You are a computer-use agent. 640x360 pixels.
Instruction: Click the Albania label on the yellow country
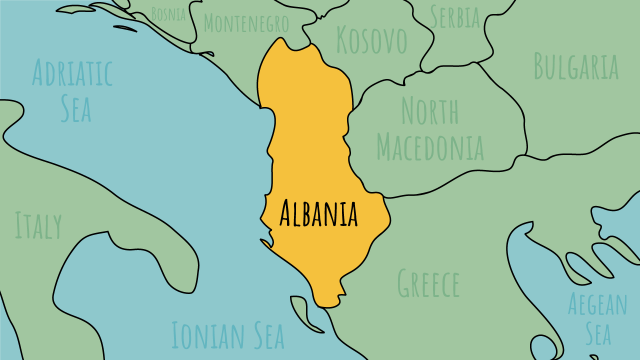(x=320, y=213)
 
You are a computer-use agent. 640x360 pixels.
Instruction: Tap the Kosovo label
(x=372, y=41)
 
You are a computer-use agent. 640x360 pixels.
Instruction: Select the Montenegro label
(x=246, y=22)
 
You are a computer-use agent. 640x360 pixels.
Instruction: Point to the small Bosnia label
(x=169, y=14)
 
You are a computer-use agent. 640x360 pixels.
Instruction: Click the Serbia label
(x=455, y=16)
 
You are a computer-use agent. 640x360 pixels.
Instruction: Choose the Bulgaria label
(x=576, y=67)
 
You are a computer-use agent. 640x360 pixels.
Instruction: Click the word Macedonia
(x=430, y=148)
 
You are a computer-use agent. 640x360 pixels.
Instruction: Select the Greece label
(x=428, y=283)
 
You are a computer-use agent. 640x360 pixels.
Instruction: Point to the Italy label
(x=38, y=225)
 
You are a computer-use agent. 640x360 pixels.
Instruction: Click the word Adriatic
(x=72, y=73)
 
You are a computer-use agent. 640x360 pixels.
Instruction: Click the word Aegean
(x=597, y=302)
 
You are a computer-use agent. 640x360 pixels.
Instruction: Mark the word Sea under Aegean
(x=597, y=333)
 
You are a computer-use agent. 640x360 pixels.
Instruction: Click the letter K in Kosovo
(x=344, y=41)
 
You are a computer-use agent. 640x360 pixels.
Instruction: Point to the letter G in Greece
(x=404, y=283)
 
